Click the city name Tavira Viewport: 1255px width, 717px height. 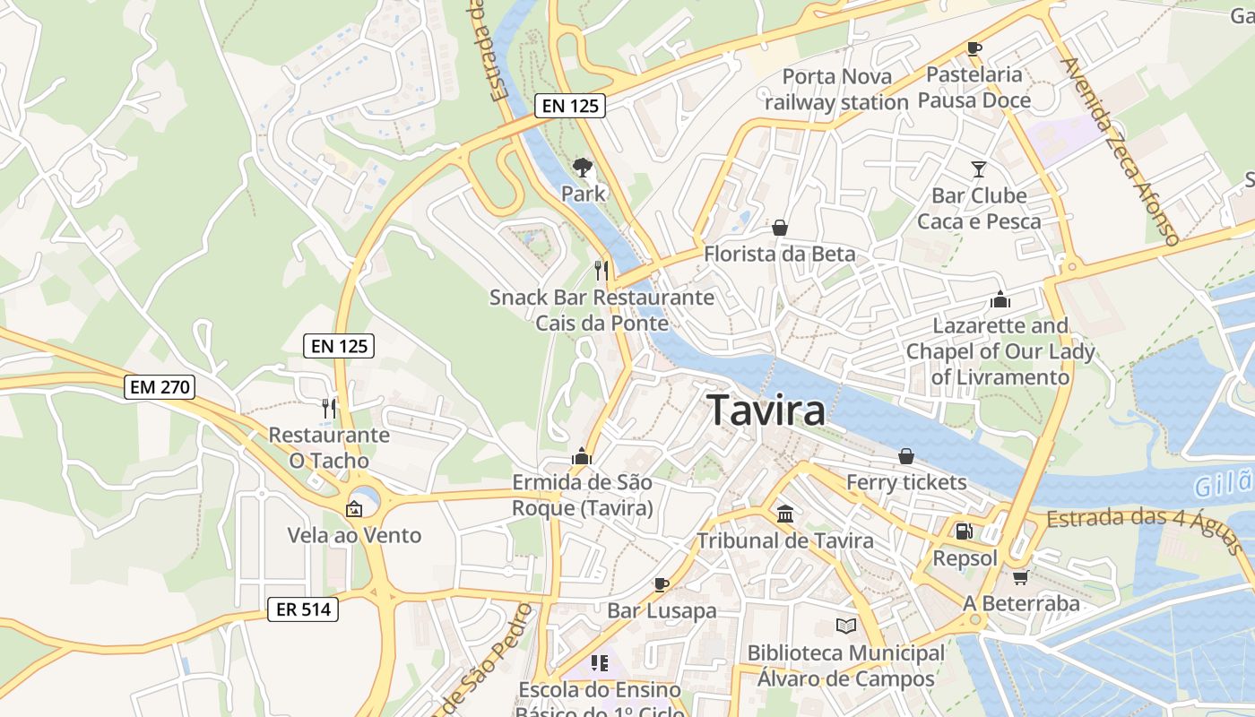[x=766, y=410]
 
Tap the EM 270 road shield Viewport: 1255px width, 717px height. [x=160, y=387]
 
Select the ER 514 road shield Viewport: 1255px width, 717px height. [x=303, y=609]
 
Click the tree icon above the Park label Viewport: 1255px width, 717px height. [x=583, y=167]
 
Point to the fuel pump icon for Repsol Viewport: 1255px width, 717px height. [x=965, y=531]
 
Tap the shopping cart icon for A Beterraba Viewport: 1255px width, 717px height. [x=1020, y=577]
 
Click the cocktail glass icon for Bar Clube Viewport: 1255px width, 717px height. [x=978, y=168]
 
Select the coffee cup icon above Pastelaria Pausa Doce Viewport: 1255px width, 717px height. [x=974, y=48]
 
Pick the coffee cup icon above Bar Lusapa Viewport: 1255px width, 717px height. [x=662, y=584]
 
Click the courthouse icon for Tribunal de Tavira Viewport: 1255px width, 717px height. [x=785, y=514]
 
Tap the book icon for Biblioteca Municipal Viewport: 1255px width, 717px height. [x=845, y=626]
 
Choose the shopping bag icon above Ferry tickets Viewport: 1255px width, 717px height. [x=906, y=456]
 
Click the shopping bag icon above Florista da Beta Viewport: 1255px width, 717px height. [x=780, y=228]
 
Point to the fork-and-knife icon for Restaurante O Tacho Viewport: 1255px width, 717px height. [x=329, y=409]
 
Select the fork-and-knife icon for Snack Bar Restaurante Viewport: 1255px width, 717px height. [x=602, y=270]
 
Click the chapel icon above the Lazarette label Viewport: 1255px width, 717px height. [x=1000, y=299]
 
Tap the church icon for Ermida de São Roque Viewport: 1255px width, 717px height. [x=582, y=456]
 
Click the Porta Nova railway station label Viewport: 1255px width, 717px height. [x=836, y=90]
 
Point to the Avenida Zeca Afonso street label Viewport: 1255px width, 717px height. [x=1118, y=151]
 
